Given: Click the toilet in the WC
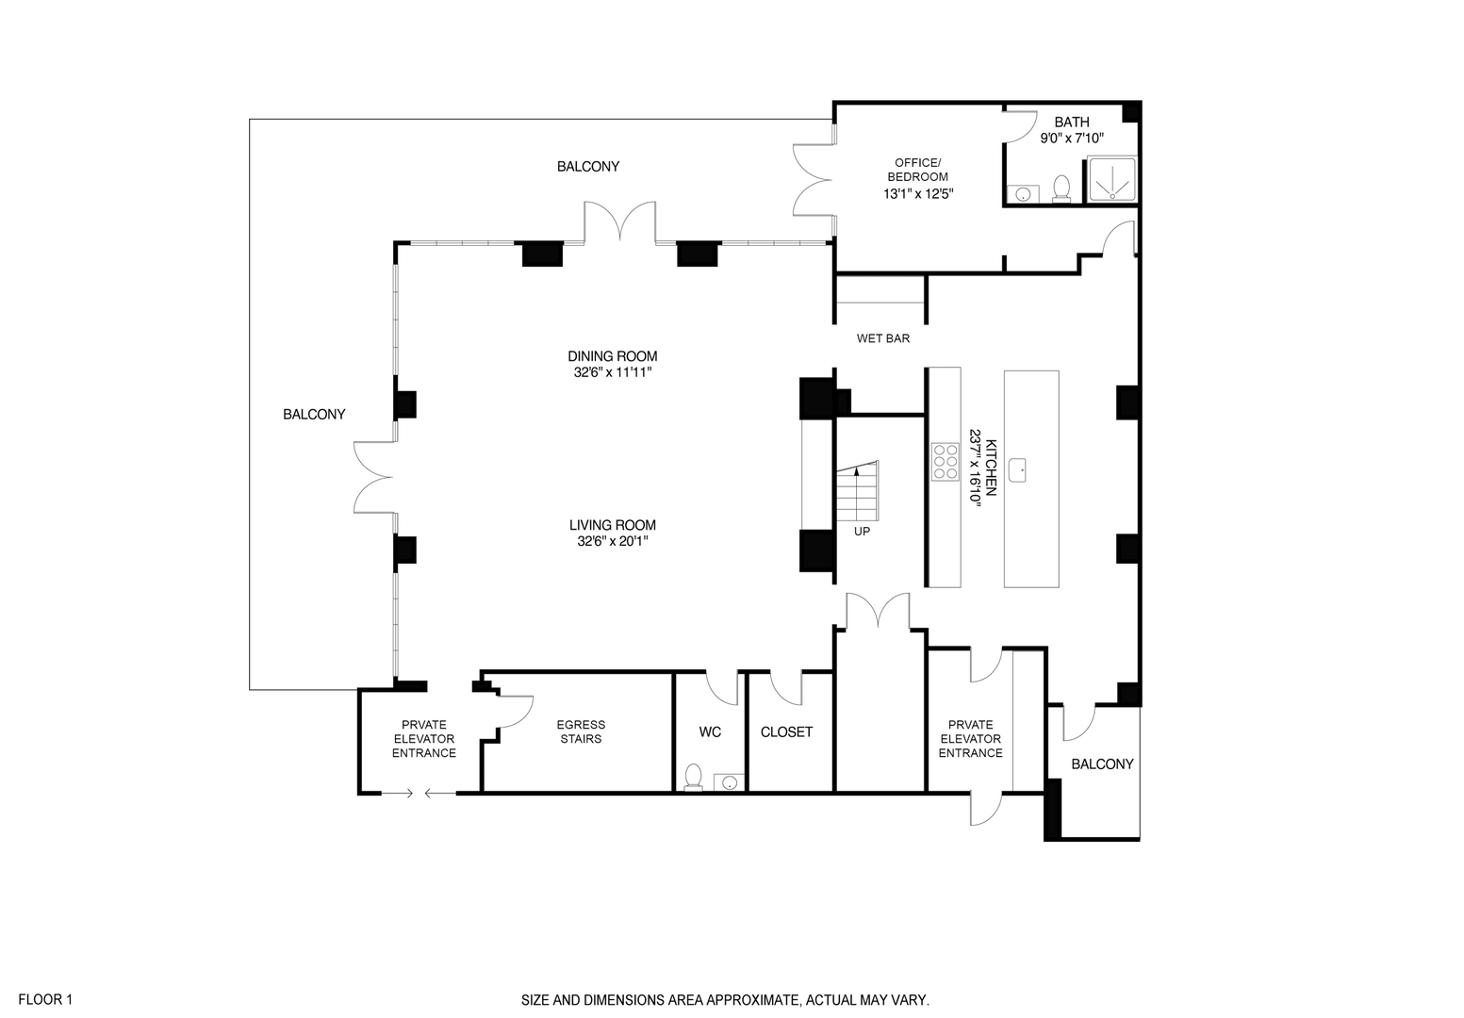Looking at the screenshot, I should tap(694, 776).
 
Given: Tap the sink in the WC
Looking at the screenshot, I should tap(728, 781).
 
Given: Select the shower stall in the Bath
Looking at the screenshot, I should tap(1112, 179).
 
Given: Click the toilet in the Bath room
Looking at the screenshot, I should tap(1061, 189).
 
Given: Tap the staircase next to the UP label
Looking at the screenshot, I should tap(857, 492).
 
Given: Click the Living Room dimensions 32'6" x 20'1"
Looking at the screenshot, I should tap(613, 542).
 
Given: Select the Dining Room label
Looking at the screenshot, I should tap(613, 356).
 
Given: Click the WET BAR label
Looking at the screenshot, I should tap(882, 338).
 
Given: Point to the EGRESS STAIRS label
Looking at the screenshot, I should tap(581, 731).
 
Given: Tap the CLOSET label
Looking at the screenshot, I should tap(786, 732).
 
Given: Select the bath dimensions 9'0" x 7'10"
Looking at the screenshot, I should tap(1072, 139).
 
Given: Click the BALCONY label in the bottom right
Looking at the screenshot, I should tap(1102, 764).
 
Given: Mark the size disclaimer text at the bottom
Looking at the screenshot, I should tap(726, 1000).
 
